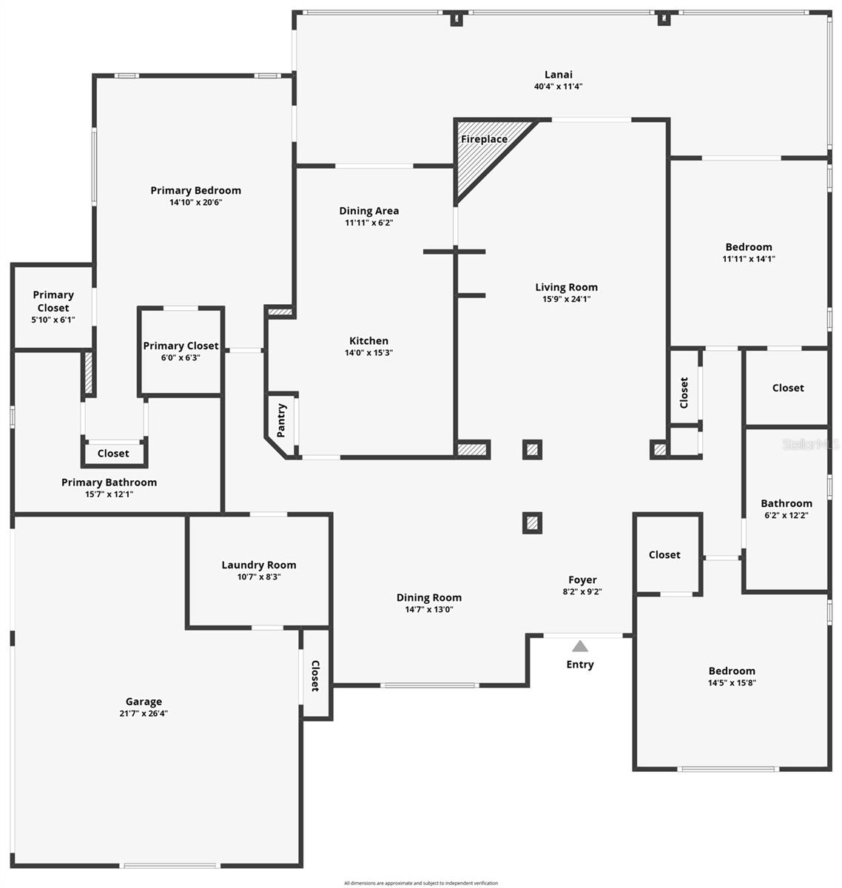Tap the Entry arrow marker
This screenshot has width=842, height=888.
pos(580,646)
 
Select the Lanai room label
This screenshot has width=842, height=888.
pos(559,74)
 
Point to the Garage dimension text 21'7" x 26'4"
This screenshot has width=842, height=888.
pos(144,713)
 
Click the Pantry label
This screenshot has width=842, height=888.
pos(282,420)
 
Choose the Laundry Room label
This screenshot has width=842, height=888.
pos(259,565)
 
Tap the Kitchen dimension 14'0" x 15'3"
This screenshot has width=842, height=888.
pos(368,353)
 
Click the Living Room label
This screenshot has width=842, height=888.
pos(567,287)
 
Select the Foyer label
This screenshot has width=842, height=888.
pos(582,580)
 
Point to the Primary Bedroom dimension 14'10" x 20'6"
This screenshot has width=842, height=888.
pos(196,202)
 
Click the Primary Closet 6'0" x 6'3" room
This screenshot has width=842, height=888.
pos(181,351)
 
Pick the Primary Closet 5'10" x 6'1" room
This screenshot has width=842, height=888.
pos(53,306)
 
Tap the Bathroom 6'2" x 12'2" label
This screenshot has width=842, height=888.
pos(787,503)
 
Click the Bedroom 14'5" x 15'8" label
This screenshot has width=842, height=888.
pos(732,671)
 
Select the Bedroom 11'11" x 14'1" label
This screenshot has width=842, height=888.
pos(749,247)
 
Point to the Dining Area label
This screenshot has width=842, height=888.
pos(369,211)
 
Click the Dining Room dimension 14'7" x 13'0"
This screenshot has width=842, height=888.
pos(429,610)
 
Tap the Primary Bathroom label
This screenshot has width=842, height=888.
pos(109,482)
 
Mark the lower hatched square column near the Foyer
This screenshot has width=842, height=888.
pos(532,523)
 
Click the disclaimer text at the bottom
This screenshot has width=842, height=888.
pos(421,883)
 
